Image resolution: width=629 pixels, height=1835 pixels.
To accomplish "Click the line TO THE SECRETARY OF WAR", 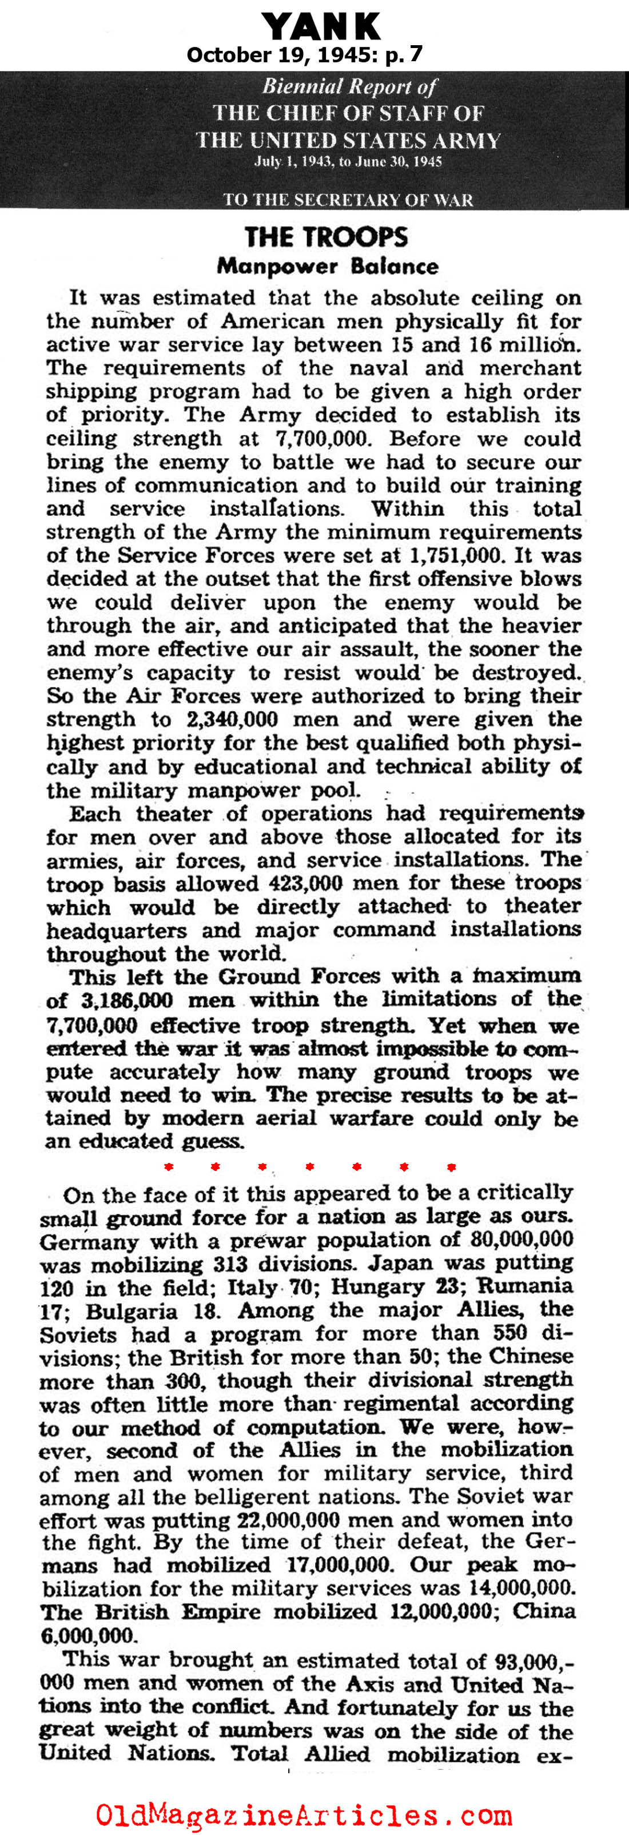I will (x=348, y=200).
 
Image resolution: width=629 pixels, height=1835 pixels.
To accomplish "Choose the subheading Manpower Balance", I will (x=328, y=267).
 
